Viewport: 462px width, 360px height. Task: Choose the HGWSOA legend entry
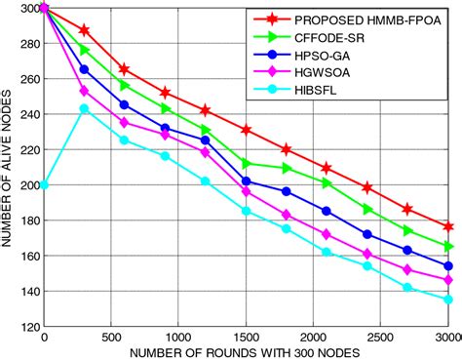point(338,74)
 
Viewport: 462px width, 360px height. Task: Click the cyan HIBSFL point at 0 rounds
point(44,184)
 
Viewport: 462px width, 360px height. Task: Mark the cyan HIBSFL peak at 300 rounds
point(84,108)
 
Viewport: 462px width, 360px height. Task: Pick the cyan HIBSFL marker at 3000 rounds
point(447,300)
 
